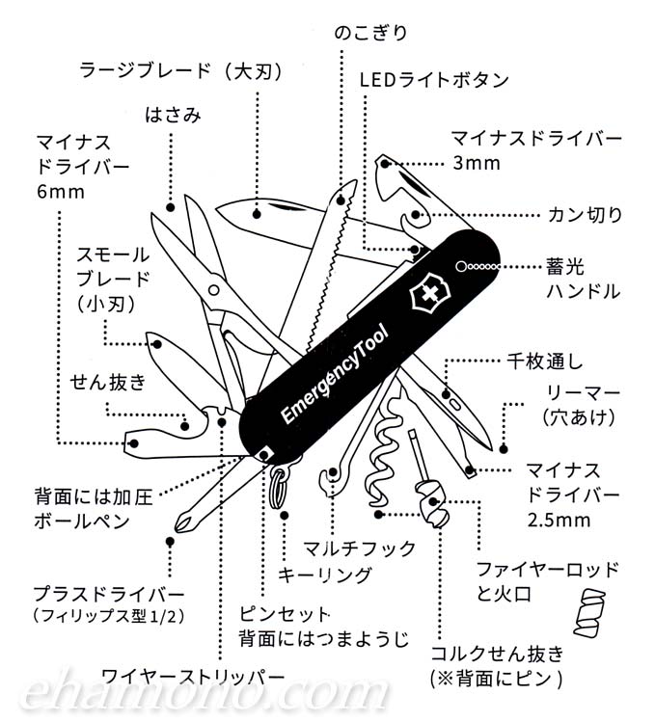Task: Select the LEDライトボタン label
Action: (x=433, y=79)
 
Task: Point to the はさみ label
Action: (x=174, y=117)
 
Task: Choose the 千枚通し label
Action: (x=546, y=363)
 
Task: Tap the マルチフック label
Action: (x=359, y=548)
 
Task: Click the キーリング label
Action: (x=324, y=575)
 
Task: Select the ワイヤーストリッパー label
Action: (x=193, y=675)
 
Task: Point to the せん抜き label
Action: (x=107, y=383)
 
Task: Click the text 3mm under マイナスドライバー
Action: (x=478, y=163)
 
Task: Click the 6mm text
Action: (x=62, y=191)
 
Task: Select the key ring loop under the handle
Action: (x=281, y=482)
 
